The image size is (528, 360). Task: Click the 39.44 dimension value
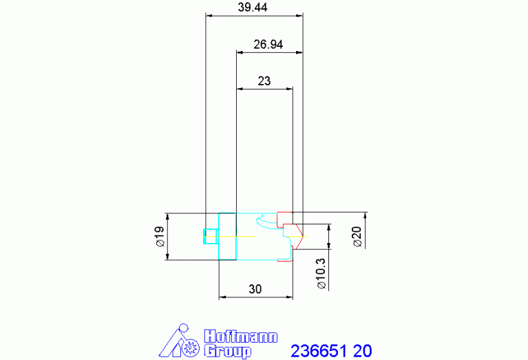point(253,7)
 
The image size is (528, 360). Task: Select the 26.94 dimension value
point(268,44)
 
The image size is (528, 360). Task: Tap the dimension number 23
point(264,81)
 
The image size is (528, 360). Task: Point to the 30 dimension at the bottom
point(255,289)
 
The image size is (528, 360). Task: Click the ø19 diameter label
point(160,236)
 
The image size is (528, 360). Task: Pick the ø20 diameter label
point(357,236)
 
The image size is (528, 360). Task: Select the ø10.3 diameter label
point(321,273)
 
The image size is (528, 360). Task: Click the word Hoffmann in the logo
point(241,337)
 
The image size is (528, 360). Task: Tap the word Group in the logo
point(228,350)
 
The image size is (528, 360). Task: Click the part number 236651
point(319,350)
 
